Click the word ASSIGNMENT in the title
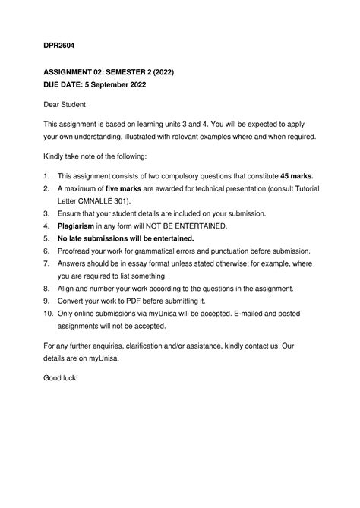click(x=75, y=72)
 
